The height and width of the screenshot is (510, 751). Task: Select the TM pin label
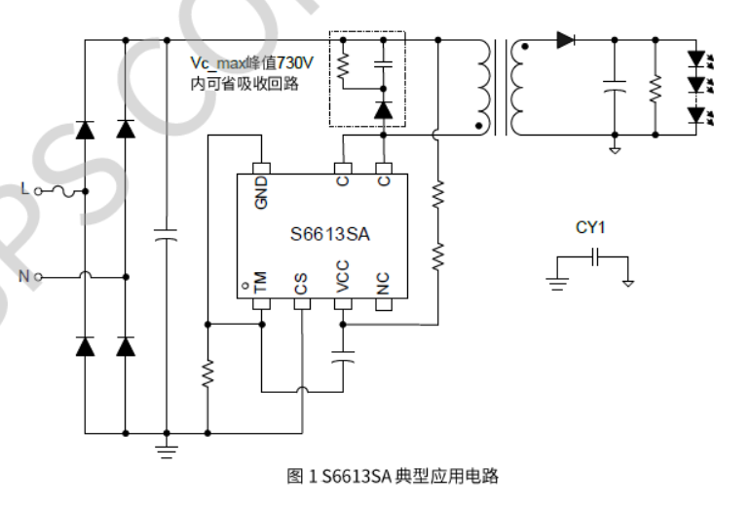tap(261, 283)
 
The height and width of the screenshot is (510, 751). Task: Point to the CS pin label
tap(301, 283)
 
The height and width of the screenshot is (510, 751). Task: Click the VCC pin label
tap(342, 279)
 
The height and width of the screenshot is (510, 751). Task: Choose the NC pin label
tap(383, 283)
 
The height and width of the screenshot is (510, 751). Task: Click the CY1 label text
tap(590, 228)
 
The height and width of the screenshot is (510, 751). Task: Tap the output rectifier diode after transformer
tap(566, 41)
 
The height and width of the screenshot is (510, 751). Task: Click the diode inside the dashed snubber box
tap(383, 109)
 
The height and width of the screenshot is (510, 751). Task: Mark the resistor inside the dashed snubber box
tap(343, 64)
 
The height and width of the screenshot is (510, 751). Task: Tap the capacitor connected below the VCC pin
tap(342, 357)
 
